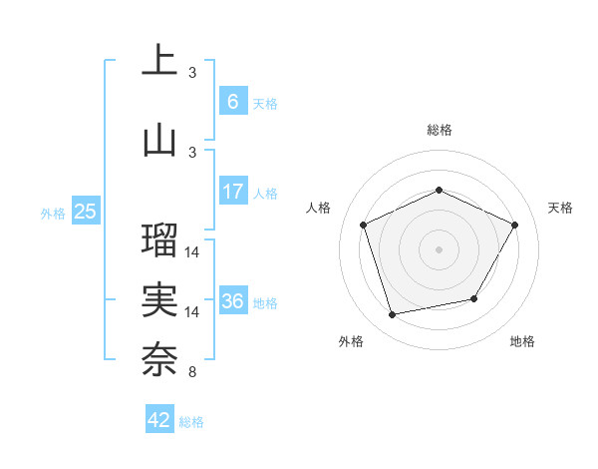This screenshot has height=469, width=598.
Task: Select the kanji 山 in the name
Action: pyautogui.click(x=159, y=140)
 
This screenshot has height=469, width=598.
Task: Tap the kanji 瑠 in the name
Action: pyautogui.click(x=159, y=239)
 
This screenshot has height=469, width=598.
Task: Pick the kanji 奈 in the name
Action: pyautogui.click(x=159, y=358)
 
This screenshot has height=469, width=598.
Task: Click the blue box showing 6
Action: pyautogui.click(x=232, y=101)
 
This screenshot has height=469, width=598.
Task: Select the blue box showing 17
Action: pyautogui.click(x=232, y=192)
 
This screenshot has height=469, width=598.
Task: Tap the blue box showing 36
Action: pyautogui.click(x=232, y=301)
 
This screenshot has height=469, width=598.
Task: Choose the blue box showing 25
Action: pyautogui.click(x=85, y=212)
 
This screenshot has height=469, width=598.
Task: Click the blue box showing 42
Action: pyautogui.click(x=159, y=420)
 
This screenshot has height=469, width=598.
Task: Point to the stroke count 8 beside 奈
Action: pyautogui.click(x=191, y=373)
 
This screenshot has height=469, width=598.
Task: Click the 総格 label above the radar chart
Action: pyautogui.click(x=440, y=130)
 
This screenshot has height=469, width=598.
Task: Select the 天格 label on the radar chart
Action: pyautogui.click(x=560, y=208)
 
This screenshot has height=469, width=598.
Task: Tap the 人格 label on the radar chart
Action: pyautogui.click(x=318, y=208)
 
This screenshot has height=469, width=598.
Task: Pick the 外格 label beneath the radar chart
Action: pyautogui.click(x=351, y=341)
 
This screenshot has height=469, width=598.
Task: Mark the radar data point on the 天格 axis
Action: pyautogui.click(x=515, y=225)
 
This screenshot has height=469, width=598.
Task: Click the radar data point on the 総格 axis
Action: pyautogui.click(x=440, y=190)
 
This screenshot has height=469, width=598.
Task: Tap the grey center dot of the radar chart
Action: pyautogui.click(x=440, y=248)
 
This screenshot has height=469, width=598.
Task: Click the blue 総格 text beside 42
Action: pyautogui.click(x=191, y=422)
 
